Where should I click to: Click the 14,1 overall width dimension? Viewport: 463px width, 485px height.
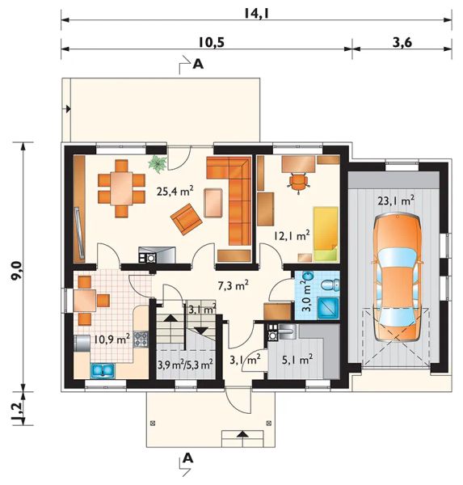tap(256, 13)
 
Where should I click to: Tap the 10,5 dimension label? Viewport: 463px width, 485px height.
tap(211, 42)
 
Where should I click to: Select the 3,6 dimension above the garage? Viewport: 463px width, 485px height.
tap(402, 42)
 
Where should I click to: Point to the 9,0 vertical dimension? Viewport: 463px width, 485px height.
tap(16, 271)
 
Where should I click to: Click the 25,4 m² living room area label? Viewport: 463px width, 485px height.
tap(175, 192)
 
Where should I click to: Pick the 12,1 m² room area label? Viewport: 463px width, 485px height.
tap(291, 236)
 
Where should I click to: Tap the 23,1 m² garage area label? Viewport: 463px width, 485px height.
tap(396, 201)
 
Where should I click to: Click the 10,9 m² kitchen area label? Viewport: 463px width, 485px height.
tap(112, 339)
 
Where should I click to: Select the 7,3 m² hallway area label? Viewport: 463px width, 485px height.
tap(234, 286)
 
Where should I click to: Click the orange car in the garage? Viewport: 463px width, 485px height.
tap(397, 277)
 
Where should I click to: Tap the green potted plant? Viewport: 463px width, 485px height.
tap(158, 163)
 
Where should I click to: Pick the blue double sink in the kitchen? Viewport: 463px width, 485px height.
tap(103, 370)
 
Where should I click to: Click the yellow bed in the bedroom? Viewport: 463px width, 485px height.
tap(326, 234)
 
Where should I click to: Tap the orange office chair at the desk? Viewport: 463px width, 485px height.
tap(298, 182)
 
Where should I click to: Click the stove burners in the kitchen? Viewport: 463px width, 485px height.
tap(141, 339)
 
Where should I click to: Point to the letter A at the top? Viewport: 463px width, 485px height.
tap(198, 64)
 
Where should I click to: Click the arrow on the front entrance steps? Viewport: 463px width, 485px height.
tap(242, 434)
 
